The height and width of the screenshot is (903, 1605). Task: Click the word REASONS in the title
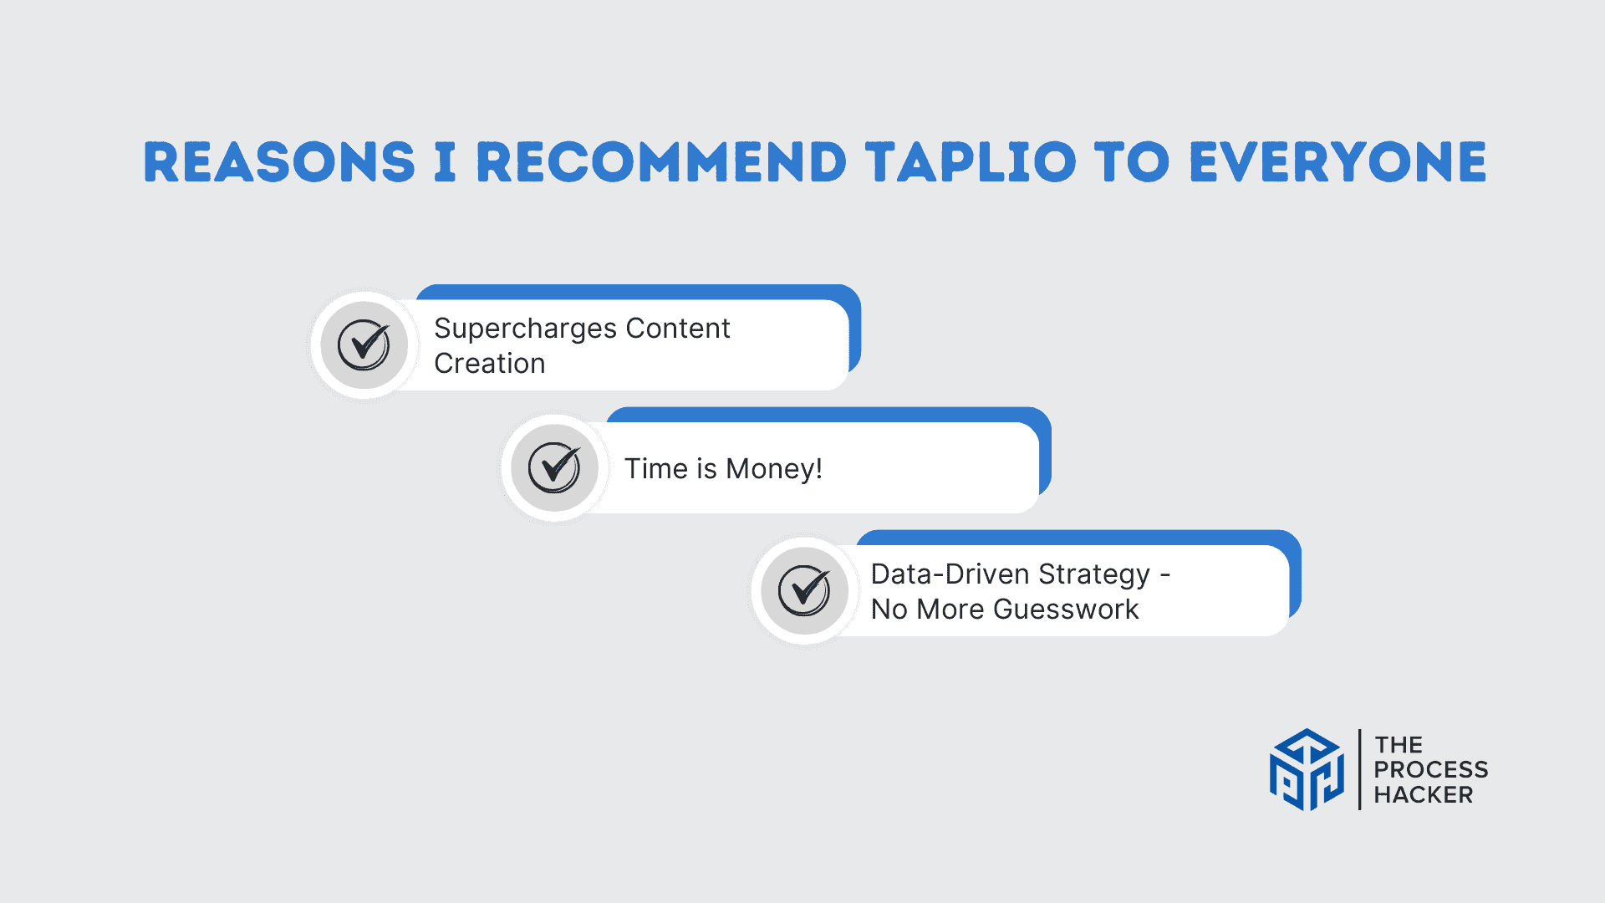(279, 162)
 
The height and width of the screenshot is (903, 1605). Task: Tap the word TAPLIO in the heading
(971, 162)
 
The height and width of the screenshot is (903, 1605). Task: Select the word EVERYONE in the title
(1338, 162)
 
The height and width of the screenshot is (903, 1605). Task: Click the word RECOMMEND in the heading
(661, 162)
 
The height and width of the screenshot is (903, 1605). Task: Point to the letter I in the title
(446, 162)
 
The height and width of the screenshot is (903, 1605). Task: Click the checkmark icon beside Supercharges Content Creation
(364, 344)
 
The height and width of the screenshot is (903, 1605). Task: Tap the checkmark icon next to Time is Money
(554, 467)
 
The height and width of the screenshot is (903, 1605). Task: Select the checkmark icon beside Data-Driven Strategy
(804, 590)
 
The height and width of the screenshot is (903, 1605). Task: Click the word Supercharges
(525, 329)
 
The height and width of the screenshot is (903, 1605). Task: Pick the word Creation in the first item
(490, 364)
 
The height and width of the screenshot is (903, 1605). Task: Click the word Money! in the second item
(774, 469)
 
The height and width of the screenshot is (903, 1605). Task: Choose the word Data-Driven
(950, 574)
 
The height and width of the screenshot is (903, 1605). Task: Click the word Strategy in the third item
(1094, 575)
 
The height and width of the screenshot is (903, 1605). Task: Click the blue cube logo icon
(1307, 770)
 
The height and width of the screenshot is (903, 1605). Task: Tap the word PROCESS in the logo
(1431, 769)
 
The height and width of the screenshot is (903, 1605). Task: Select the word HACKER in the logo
(1424, 794)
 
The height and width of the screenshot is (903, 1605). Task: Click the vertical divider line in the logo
(1360, 769)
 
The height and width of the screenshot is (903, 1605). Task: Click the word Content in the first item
(678, 329)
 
